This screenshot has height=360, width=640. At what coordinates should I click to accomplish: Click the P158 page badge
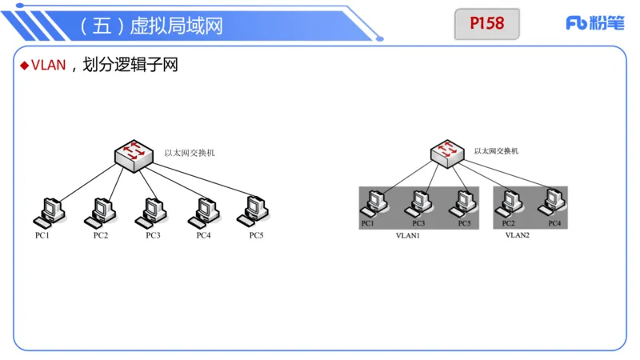[486, 24]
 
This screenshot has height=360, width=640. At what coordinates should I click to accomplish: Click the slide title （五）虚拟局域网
[152, 26]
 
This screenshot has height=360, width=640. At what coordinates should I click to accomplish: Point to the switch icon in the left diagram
[134, 154]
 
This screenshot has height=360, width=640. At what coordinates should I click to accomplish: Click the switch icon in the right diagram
[446, 152]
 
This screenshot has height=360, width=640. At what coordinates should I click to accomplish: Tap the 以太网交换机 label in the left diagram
[190, 152]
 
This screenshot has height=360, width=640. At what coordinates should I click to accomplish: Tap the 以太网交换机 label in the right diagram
[496, 150]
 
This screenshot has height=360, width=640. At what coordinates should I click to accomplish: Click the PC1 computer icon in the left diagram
[48, 211]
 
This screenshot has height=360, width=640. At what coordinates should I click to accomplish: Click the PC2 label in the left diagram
[100, 235]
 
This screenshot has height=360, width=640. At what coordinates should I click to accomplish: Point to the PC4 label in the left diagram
[203, 235]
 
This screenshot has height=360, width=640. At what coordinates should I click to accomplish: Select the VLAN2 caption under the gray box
[517, 236]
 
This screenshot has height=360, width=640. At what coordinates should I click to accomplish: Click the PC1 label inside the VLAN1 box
[367, 223]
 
